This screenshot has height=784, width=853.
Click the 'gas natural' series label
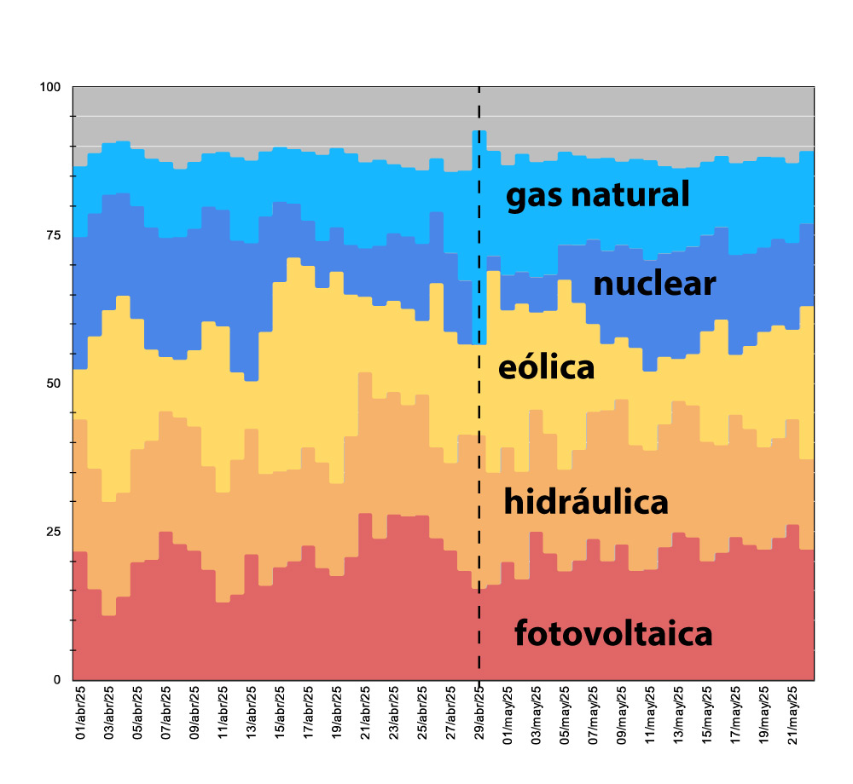coord(597,196)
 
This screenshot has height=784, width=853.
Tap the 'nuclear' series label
coord(653,284)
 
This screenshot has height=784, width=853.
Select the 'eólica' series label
coord(546,368)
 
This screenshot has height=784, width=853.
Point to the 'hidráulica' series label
coord(585,502)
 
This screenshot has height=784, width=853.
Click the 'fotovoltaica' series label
coord(612,635)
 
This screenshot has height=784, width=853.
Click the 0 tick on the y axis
coord(57,680)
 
